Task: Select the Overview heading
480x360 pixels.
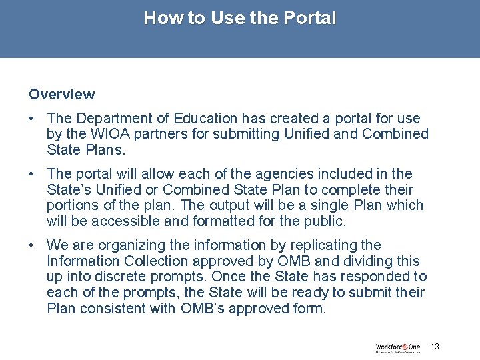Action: click(x=62, y=95)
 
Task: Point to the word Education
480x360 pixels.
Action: click(x=205, y=119)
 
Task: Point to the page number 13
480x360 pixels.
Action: click(x=435, y=347)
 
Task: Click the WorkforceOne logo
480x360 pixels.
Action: click(x=398, y=347)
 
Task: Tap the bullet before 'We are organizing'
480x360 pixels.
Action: click(x=32, y=245)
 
